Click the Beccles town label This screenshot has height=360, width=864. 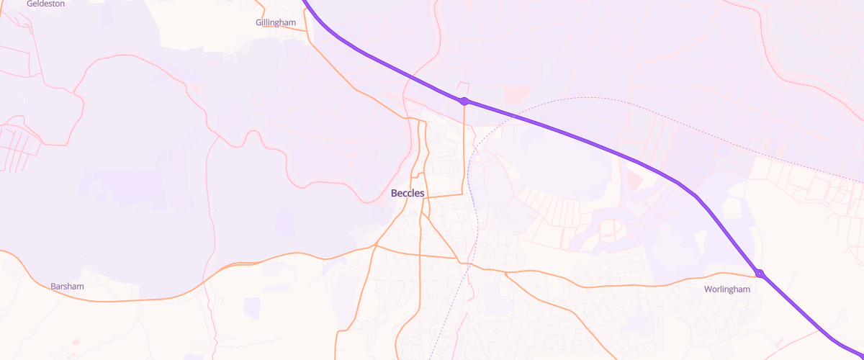pos(408,194)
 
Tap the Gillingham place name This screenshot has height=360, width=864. pos(276,23)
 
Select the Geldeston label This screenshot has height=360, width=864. pos(45,4)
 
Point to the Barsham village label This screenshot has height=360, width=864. pos(67,287)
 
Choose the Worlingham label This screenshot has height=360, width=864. pos(727,289)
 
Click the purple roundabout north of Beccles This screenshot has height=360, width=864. pos(465,101)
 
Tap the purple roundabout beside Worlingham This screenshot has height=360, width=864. pos(760,274)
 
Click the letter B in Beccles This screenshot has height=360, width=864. pos(394,194)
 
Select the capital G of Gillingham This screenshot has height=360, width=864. pos(258,23)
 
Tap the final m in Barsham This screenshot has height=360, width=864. pos(81,287)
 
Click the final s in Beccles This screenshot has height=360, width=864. pos(423,194)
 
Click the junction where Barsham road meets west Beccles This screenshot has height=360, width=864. pos(375,246)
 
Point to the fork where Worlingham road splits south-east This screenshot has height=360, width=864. pos(506,274)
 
